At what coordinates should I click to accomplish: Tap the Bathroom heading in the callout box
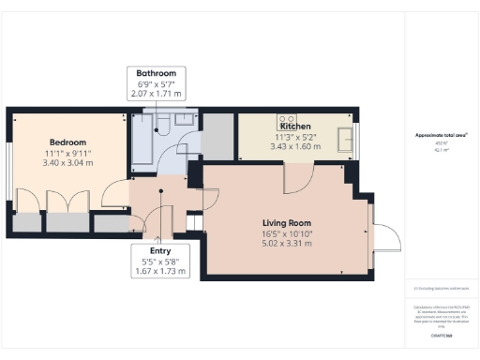click(156, 73)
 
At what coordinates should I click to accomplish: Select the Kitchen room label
click(295, 125)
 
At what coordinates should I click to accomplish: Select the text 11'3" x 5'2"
click(295, 137)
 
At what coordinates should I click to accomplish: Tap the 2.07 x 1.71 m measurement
click(156, 96)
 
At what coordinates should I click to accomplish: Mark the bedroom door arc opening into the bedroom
click(117, 193)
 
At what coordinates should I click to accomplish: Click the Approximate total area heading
click(441, 135)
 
